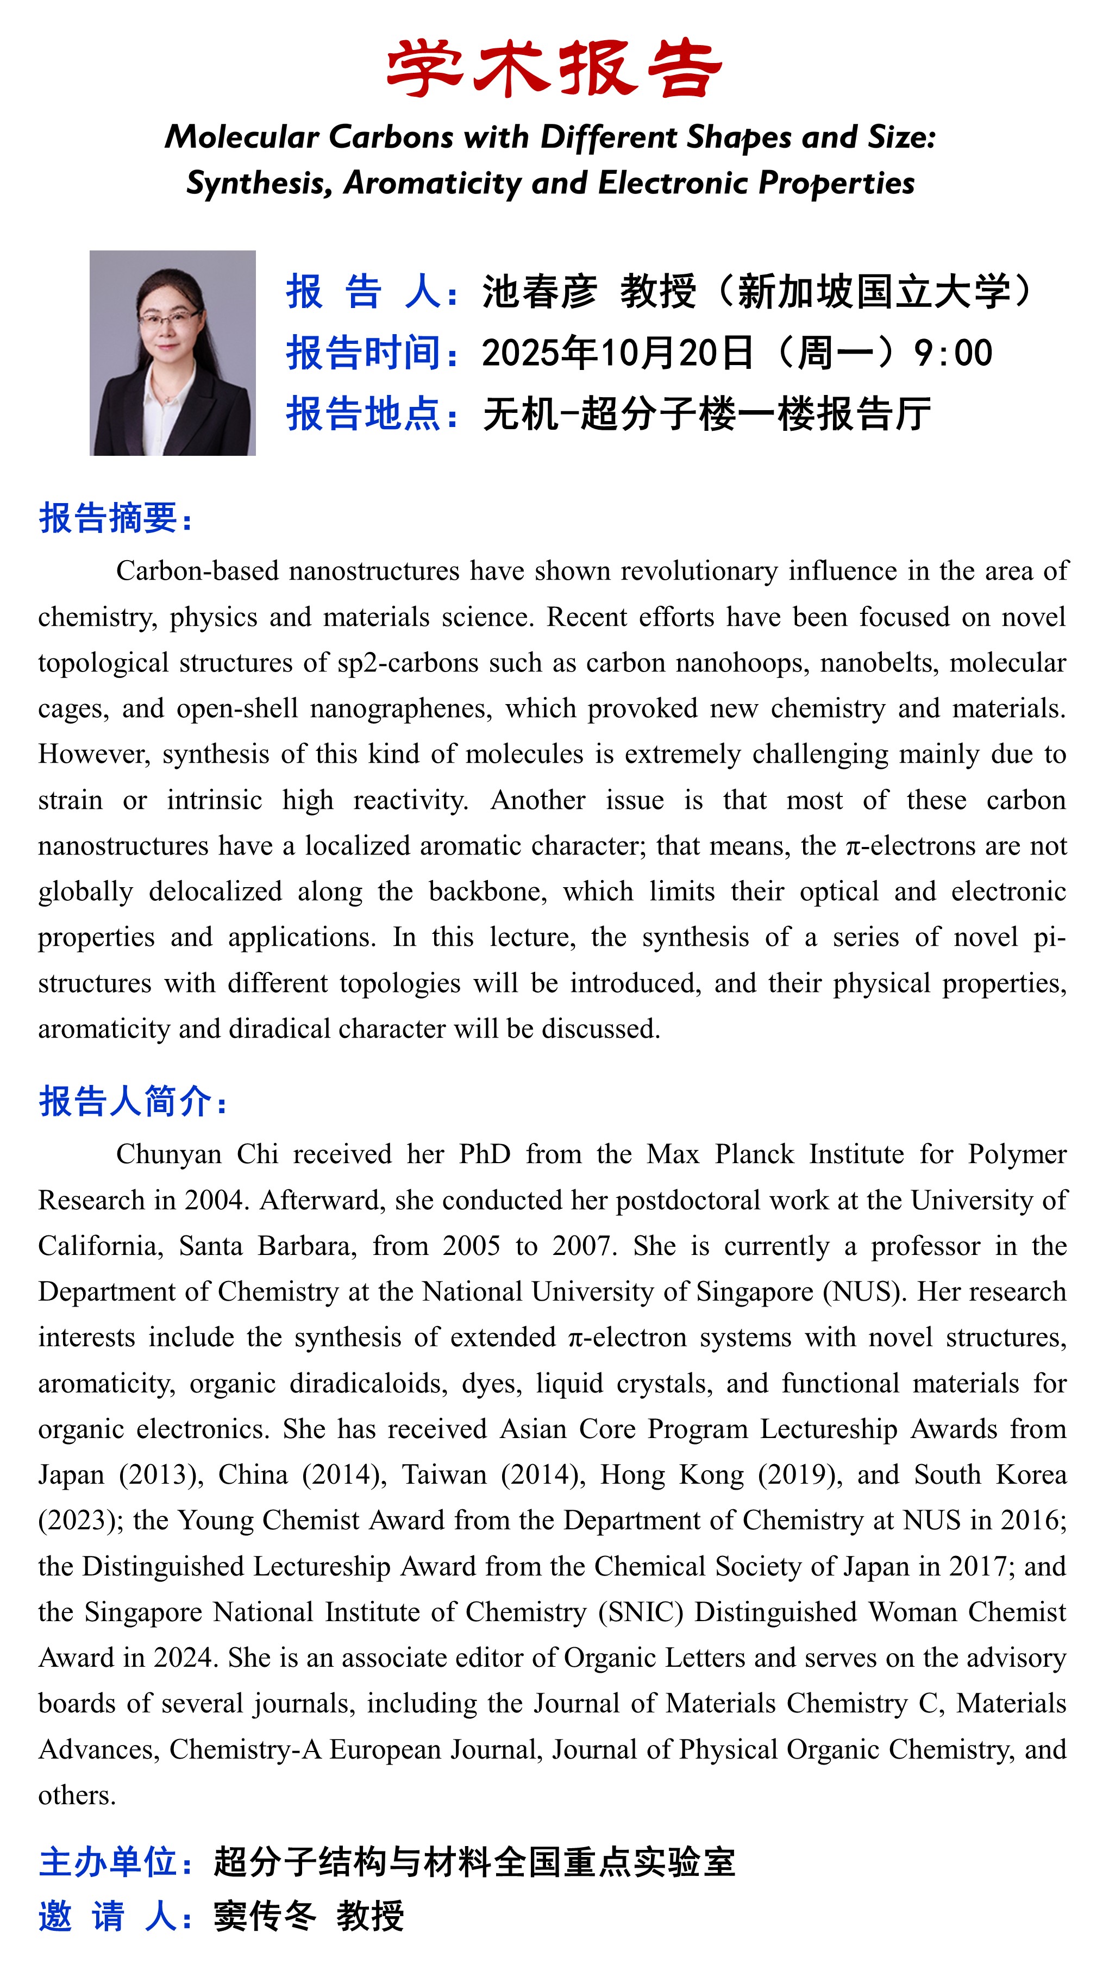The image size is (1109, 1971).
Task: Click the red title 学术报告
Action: click(554, 69)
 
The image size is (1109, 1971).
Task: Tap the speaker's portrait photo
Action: click(172, 353)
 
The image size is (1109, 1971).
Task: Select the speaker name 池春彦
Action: click(539, 292)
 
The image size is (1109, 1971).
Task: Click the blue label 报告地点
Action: click(364, 414)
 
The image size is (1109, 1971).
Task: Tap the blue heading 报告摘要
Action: click(115, 518)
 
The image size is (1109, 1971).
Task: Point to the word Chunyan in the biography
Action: click(168, 1154)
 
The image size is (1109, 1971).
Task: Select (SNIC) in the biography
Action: click(641, 1612)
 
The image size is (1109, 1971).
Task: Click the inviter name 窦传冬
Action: click(264, 1917)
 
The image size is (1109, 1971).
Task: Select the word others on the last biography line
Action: click(77, 1795)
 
